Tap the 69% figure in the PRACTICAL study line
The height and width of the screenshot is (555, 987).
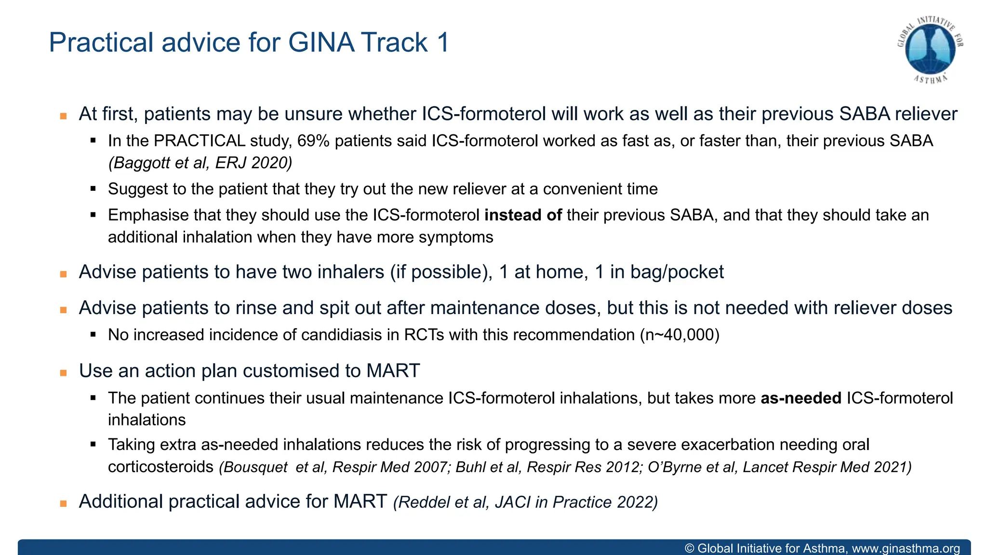click(313, 141)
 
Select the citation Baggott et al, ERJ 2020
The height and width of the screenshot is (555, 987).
click(200, 163)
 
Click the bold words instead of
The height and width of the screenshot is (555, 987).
click(523, 215)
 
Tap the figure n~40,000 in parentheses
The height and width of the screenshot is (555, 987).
click(680, 335)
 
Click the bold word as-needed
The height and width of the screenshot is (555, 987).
click(801, 398)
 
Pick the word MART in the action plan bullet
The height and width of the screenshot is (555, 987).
click(393, 371)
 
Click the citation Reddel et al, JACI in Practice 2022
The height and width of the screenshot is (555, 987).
click(525, 502)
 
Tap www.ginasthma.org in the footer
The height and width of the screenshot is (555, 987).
click(906, 548)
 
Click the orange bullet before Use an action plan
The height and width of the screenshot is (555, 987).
click(63, 373)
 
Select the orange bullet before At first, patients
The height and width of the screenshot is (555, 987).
click(63, 116)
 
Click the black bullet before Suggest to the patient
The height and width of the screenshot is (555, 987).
click(93, 189)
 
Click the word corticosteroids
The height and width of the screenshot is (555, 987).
click(160, 467)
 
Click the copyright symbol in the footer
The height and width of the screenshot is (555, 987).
click(689, 548)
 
